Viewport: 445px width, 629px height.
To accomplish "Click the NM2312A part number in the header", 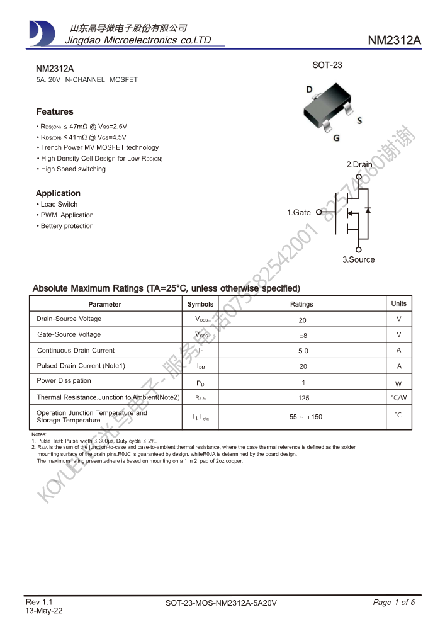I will [x=394, y=40].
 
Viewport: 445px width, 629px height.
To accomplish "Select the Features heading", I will [x=55, y=111].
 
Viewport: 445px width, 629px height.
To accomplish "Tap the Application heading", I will [x=58, y=193].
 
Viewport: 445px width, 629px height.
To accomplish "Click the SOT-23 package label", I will [x=327, y=65].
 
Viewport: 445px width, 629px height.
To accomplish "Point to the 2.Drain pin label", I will [x=359, y=164].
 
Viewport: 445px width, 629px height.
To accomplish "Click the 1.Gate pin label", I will [x=299, y=213].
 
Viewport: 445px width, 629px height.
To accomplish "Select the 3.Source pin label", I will [x=358, y=259].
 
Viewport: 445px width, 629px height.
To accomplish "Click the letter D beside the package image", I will [x=309, y=89].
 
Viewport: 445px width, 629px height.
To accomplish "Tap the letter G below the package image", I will [x=337, y=138].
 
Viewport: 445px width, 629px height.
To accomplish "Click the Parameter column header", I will [x=105, y=304].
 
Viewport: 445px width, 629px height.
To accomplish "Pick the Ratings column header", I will [x=301, y=304].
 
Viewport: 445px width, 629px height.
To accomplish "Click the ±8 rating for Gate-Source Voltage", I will [x=303, y=336].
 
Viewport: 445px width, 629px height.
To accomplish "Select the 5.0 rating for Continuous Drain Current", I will [x=303, y=351].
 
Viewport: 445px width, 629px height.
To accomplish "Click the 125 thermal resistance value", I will [x=303, y=398].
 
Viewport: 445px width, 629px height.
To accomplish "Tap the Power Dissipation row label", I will [x=64, y=380].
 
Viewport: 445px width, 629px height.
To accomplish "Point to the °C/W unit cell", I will [x=398, y=398].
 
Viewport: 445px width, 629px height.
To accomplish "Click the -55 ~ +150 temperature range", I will [x=304, y=417].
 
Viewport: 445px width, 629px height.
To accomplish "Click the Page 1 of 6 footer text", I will [x=394, y=603].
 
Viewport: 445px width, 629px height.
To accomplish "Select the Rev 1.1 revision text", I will [x=39, y=602].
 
